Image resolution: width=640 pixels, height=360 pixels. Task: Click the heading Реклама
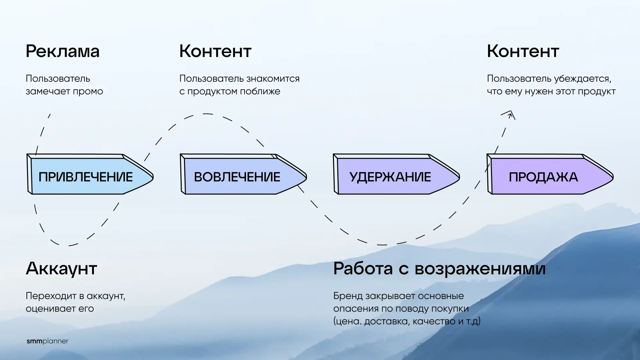tap(63, 52)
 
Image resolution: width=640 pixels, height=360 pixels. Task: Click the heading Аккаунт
tap(61, 269)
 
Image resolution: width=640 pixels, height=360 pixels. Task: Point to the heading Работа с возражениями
tap(439, 269)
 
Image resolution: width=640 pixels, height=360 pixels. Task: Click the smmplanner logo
tap(47, 341)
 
